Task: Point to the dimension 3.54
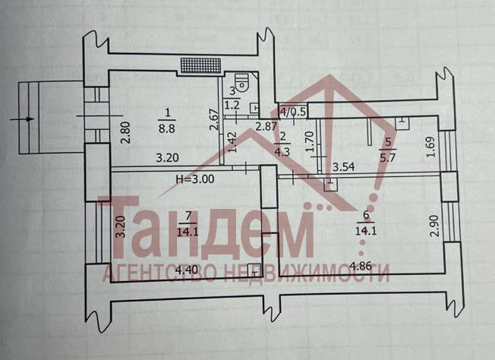345,166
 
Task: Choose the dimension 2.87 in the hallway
265,127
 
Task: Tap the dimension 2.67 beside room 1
214,122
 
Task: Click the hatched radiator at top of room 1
200,65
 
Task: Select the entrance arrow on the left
24,119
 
